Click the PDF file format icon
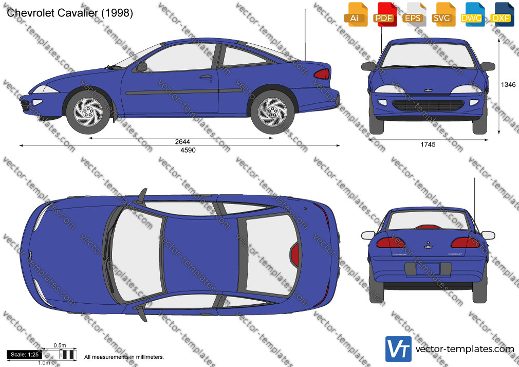coord(384,14)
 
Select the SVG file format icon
coord(442,14)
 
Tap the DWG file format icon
coord(472,14)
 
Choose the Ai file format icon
coord(355,14)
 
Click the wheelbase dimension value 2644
coord(182,142)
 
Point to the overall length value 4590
coord(188,150)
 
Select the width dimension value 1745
coord(428,144)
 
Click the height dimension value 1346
coord(508,85)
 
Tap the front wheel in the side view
coord(88,112)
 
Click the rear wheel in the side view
coord(272,112)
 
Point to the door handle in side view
coord(206,77)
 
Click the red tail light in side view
coord(322,74)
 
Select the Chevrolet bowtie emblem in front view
coord(428,90)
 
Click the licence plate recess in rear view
coord(428,269)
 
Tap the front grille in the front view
coord(428,106)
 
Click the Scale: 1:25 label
coord(25,355)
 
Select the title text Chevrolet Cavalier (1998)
coord(70,13)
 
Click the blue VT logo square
coord(399,349)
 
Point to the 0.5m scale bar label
coord(60,345)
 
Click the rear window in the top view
coord(272,254)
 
